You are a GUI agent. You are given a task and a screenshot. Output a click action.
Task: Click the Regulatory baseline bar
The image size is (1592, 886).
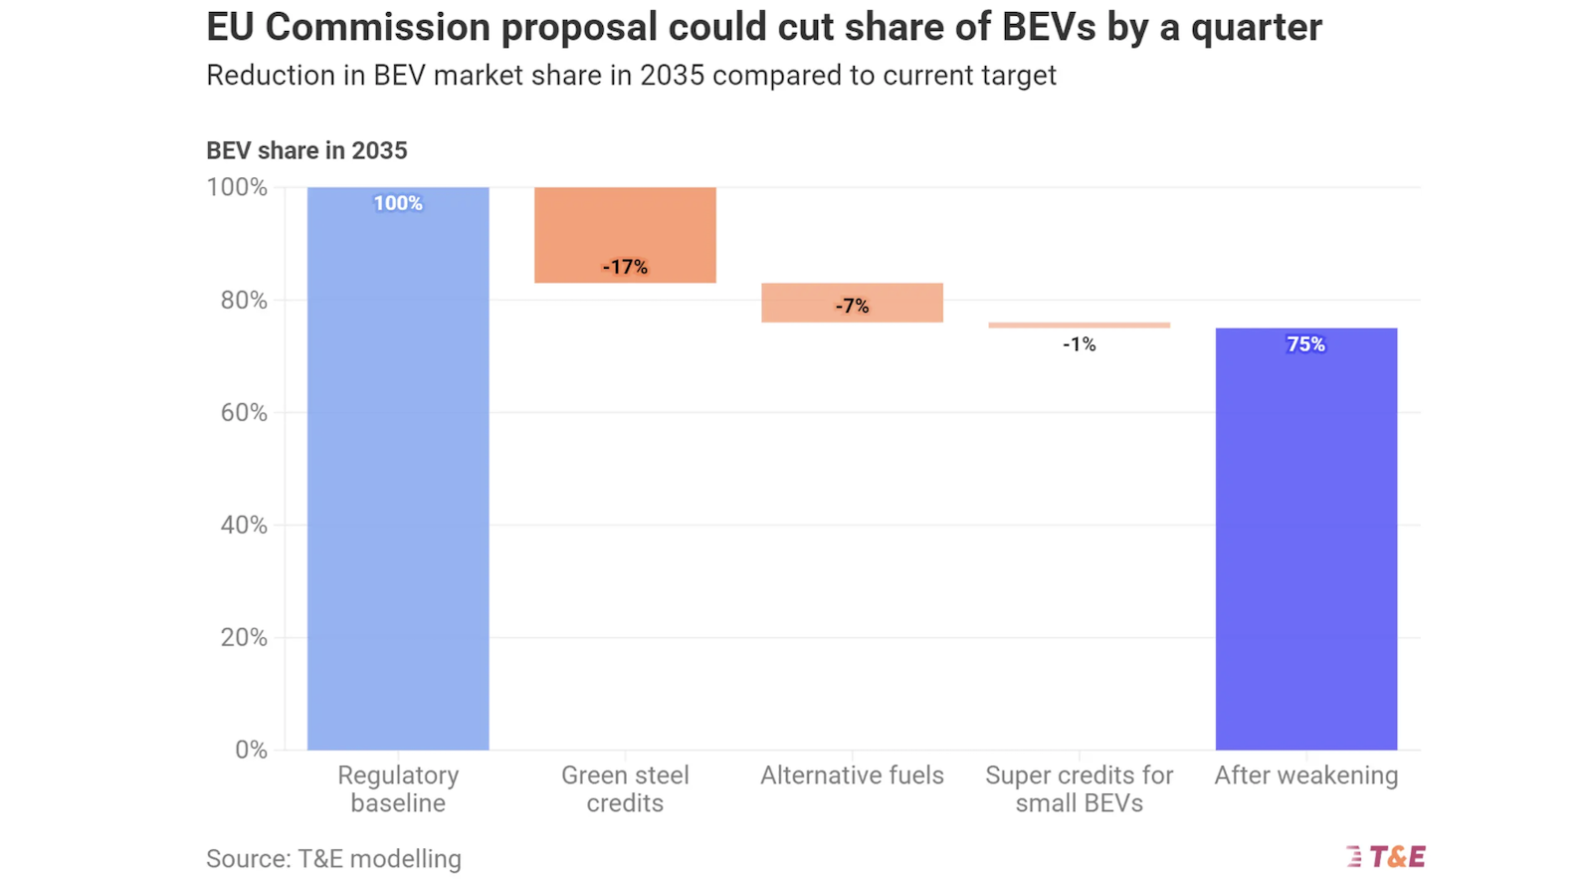pyautogui.click(x=398, y=468)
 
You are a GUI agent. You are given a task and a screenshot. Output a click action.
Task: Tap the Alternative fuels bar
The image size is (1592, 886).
pyautogui.click(x=852, y=303)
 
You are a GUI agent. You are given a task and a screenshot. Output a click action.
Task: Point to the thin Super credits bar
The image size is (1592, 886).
pyautogui.click(x=1079, y=325)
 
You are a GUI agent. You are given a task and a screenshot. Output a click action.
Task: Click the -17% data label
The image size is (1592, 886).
pyautogui.click(x=625, y=267)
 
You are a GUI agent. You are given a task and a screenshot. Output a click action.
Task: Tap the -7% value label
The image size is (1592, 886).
pyautogui.click(x=852, y=306)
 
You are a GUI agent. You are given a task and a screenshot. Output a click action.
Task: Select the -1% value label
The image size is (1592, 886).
pyautogui.click(x=1079, y=344)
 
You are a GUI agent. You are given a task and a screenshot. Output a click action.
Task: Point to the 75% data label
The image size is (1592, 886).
pyautogui.click(x=1305, y=344)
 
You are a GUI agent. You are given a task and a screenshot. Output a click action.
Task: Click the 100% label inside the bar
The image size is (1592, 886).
pyautogui.click(x=398, y=203)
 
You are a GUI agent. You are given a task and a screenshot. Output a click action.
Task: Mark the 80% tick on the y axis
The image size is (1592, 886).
pyautogui.click(x=244, y=300)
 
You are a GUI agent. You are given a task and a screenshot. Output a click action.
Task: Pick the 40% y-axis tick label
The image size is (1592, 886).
pyautogui.click(x=244, y=525)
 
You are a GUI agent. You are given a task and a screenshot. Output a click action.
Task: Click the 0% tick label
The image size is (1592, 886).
pyautogui.click(x=251, y=750)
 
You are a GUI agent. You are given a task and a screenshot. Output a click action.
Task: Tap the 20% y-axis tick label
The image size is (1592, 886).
pyautogui.click(x=244, y=637)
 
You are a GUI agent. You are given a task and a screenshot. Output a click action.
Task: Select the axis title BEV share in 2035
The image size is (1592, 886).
pyautogui.click(x=306, y=150)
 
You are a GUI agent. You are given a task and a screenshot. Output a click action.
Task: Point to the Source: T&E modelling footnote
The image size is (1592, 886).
pyautogui.click(x=333, y=858)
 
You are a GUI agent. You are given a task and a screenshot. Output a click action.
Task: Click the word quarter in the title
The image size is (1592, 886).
pyautogui.click(x=1256, y=28)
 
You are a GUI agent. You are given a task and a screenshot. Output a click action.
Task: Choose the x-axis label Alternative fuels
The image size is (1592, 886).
pyautogui.click(x=852, y=775)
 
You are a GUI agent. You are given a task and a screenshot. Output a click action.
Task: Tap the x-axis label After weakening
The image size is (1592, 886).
pyautogui.click(x=1305, y=775)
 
